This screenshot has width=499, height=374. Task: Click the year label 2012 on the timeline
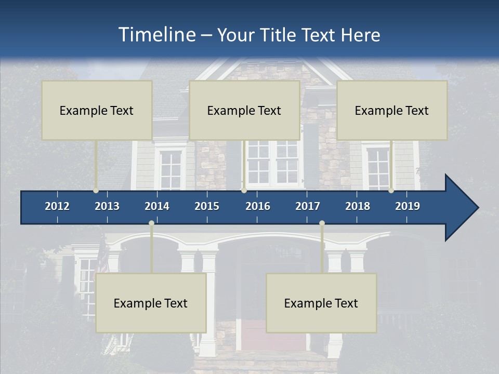(x=57, y=206)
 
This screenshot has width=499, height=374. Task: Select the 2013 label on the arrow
(x=107, y=206)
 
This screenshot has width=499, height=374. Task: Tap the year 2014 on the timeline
(x=157, y=206)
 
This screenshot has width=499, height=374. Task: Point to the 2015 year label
(x=207, y=206)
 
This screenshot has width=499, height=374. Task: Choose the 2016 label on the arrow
(x=258, y=206)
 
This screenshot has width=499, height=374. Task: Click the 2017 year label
(x=308, y=206)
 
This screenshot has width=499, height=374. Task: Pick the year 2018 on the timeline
(x=358, y=206)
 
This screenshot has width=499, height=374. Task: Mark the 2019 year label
(x=408, y=206)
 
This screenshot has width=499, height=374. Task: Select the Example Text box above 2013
(x=97, y=110)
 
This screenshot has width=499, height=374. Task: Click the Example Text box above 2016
(x=244, y=110)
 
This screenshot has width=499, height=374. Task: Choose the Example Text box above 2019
(x=392, y=110)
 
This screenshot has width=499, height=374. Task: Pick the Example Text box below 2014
(x=151, y=303)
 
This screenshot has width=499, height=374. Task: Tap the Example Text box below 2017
(x=321, y=303)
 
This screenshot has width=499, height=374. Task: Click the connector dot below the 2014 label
(x=151, y=223)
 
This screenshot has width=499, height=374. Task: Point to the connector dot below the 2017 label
(x=322, y=223)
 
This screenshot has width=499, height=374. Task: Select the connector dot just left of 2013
(x=96, y=191)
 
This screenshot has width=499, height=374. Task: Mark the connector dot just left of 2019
(x=391, y=191)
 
